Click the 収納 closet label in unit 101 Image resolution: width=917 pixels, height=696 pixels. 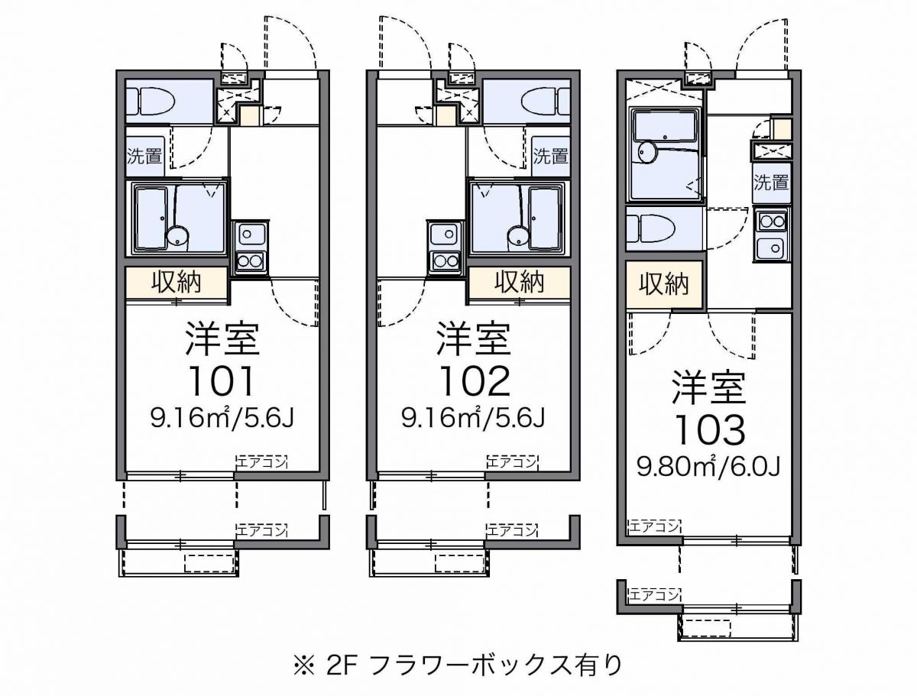177,282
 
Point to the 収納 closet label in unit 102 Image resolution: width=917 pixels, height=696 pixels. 519,282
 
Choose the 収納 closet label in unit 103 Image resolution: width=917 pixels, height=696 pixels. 663,284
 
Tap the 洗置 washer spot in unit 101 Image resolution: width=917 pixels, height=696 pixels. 144,157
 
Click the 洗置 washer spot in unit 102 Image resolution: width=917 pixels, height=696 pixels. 550,157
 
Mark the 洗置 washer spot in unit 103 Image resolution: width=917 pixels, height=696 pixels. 770,183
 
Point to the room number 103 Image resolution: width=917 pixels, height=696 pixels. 708,430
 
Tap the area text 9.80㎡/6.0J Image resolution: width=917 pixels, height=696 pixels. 708,466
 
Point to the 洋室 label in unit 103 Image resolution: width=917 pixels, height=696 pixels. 708,388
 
